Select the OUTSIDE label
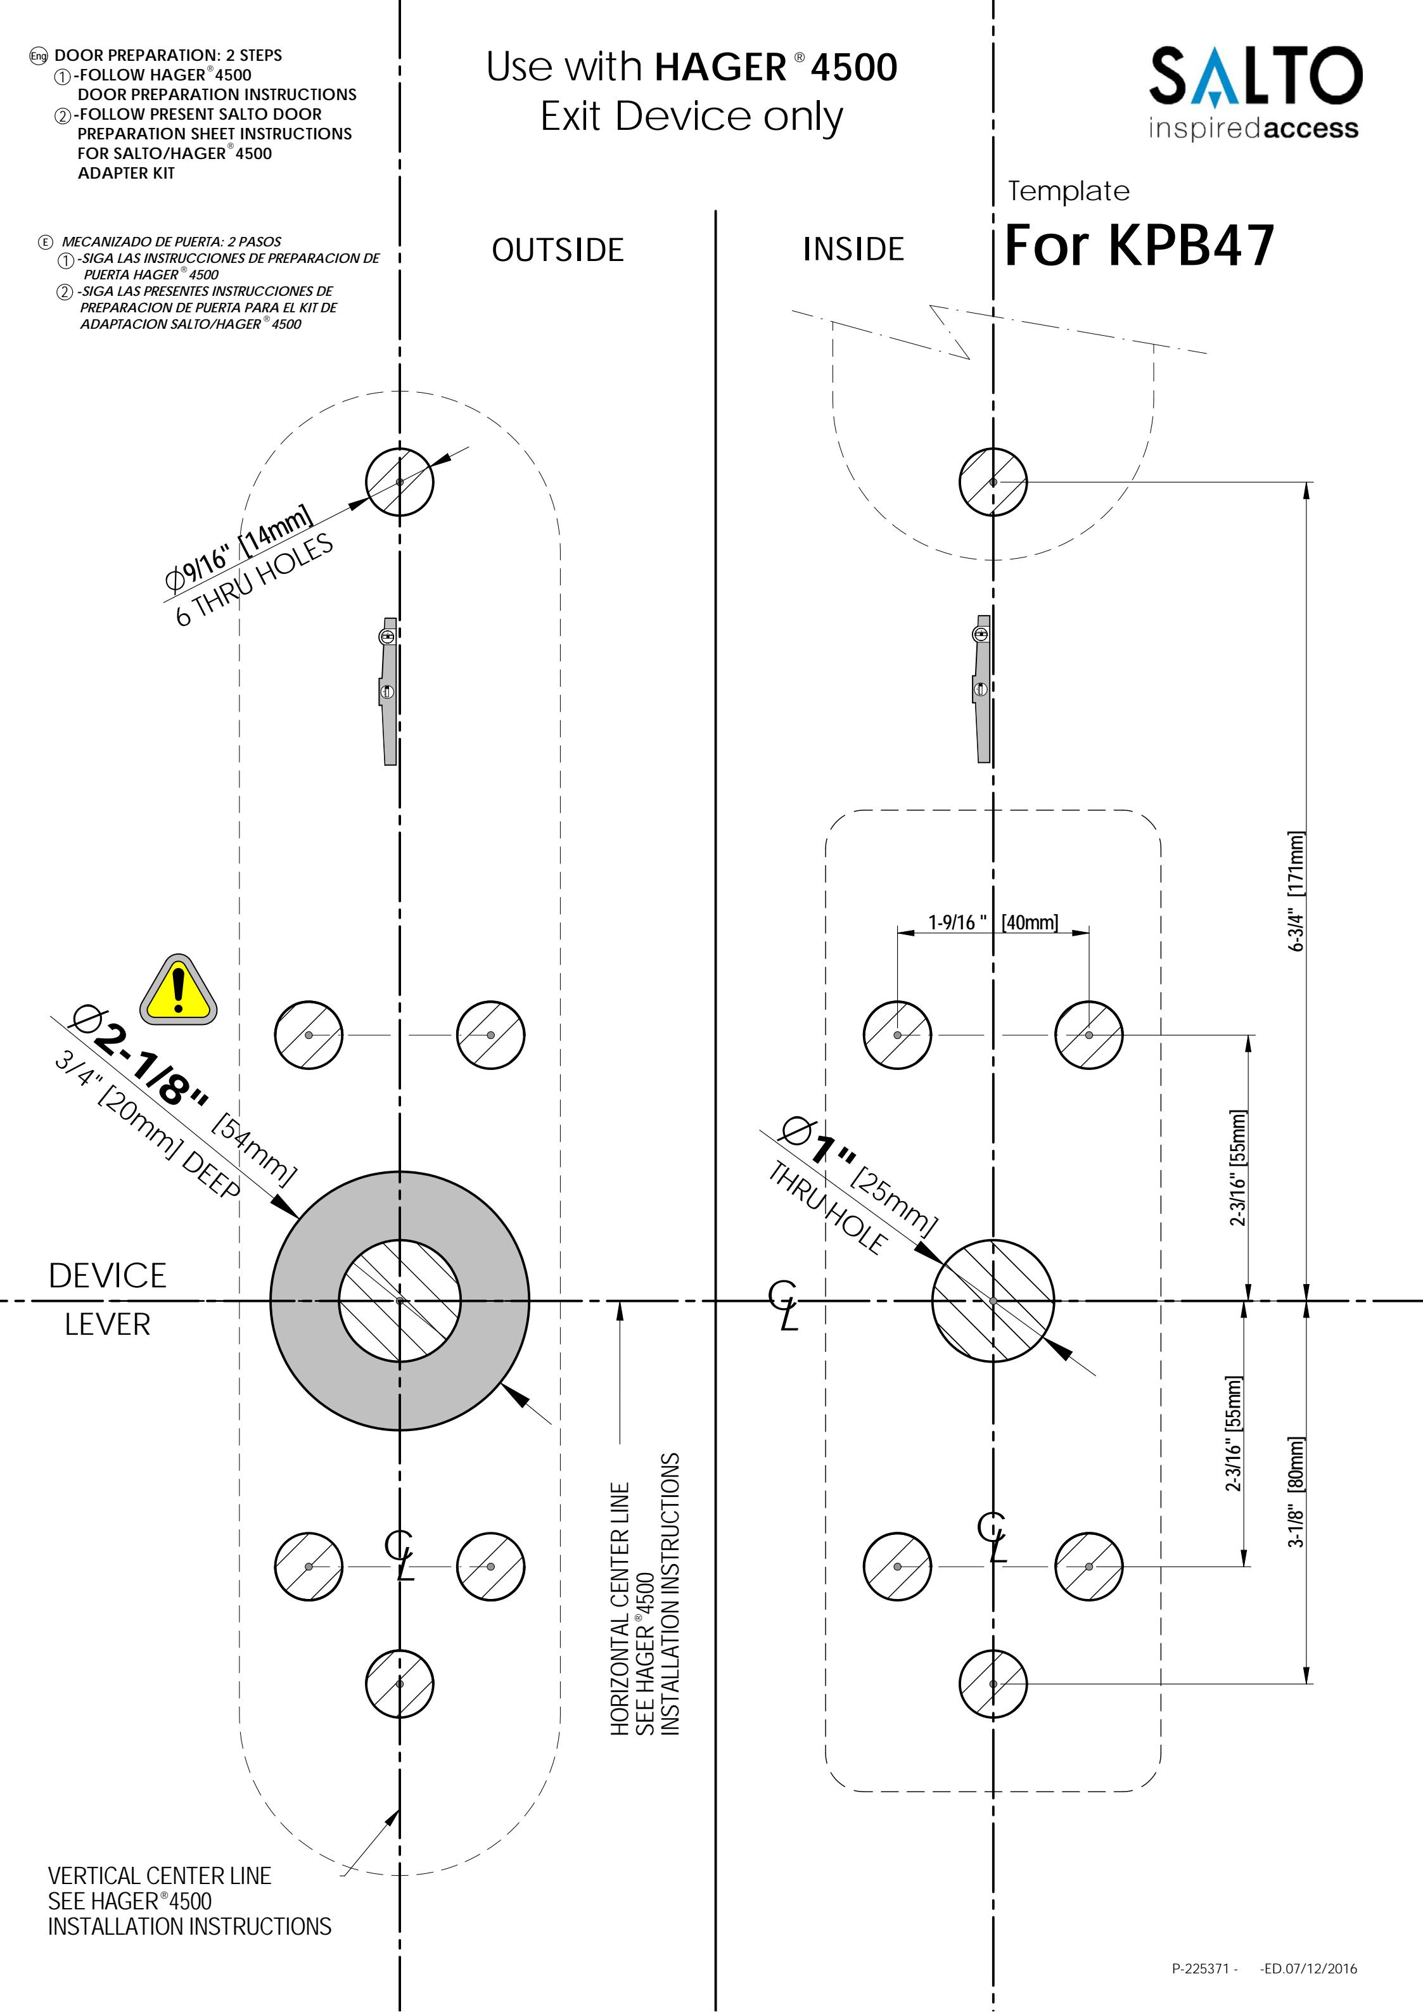[x=558, y=251]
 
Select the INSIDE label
[x=853, y=250]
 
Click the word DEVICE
[x=107, y=1276]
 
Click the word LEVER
[x=107, y=1324]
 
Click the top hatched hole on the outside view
[x=400, y=482]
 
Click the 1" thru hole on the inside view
[x=993, y=1301]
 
